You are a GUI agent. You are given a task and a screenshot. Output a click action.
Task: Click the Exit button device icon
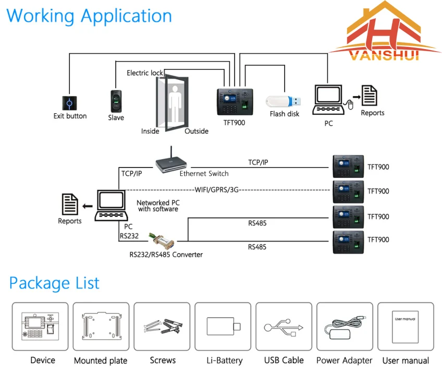click(69, 103)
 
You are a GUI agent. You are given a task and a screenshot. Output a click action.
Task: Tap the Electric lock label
click(145, 73)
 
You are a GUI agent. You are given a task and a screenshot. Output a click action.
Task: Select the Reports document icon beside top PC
click(370, 97)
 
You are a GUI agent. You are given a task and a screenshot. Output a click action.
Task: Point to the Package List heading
click(54, 283)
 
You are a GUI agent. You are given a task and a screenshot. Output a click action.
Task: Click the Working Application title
click(89, 16)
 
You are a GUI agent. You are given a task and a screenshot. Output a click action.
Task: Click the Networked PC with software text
click(157, 206)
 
